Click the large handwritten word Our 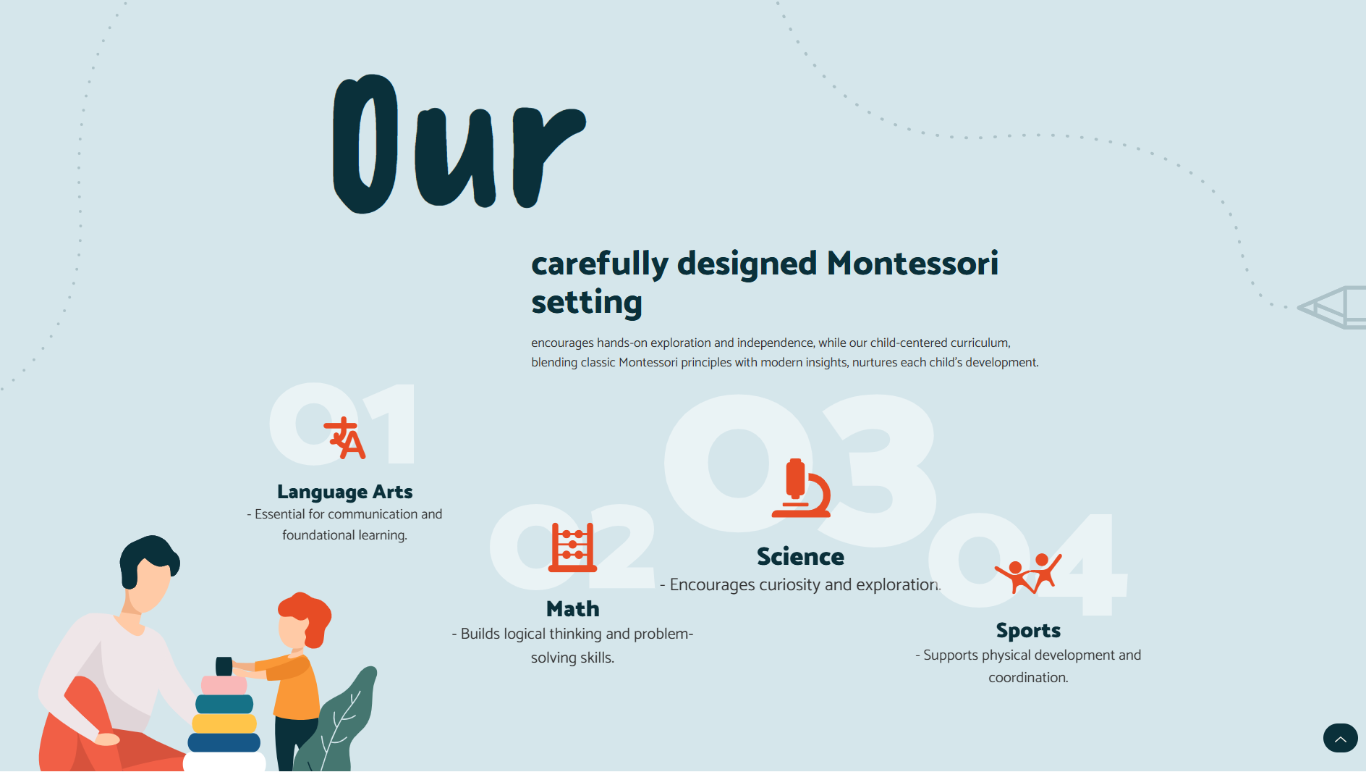[459, 143]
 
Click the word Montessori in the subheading [912, 263]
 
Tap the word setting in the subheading [587, 302]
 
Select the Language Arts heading [344, 492]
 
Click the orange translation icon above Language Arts [344, 438]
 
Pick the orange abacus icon [572, 547]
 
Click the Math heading [573, 608]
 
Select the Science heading [800, 556]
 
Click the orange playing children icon [1028, 574]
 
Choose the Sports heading [1028, 630]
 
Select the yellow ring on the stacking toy [224, 723]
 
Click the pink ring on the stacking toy [224, 685]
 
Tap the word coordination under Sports [1028, 678]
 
